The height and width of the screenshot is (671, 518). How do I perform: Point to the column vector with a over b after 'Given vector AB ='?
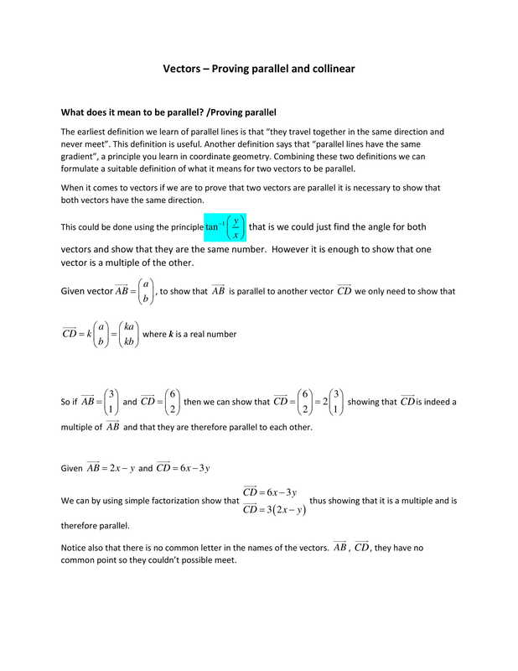(x=146, y=292)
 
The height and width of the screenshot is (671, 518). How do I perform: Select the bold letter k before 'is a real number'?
(x=171, y=334)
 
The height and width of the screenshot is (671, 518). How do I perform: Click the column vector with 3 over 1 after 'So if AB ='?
(x=111, y=401)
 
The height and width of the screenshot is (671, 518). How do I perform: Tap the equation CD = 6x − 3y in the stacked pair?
(x=270, y=491)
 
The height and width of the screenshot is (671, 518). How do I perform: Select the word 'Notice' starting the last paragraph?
(x=75, y=548)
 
